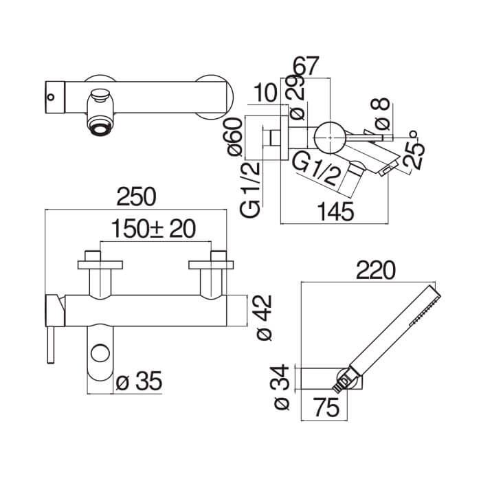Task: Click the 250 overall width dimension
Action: pyautogui.click(x=137, y=197)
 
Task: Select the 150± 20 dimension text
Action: pyautogui.click(x=153, y=229)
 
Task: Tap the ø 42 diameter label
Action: pyautogui.click(x=264, y=317)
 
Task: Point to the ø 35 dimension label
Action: pyautogui.click(x=139, y=381)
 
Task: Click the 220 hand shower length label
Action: pyautogui.click(x=376, y=270)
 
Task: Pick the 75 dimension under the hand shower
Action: pyautogui.click(x=326, y=407)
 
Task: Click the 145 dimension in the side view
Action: pyautogui.click(x=335, y=212)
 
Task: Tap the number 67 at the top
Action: pyautogui.click(x=306, y=66)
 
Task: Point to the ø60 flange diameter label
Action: pyautogui.click(x=236, y=137)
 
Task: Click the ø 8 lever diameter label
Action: pyautogui.click(x=381, y=113)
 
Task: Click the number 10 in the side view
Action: pyautogui.click(x=266, y=93)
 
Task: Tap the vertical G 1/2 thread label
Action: pyautogui.click(x=249, y=190)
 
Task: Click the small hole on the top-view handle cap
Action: pyautogui.click(x=51, y=98)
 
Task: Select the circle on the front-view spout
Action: pyautogui.click(x=100, y=353)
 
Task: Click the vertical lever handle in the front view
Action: pyautogui.click(x=51, y=345)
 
